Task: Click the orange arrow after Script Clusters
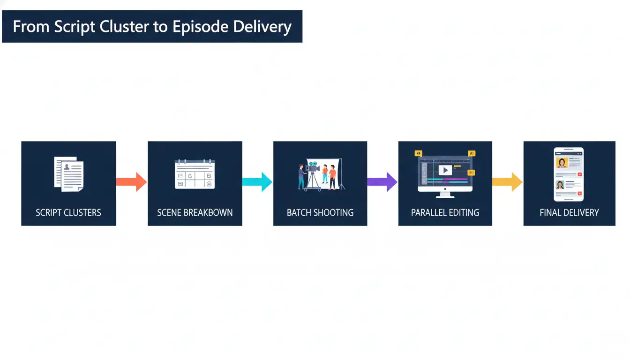tap(131, 181)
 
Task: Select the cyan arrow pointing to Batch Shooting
tap(257, 181)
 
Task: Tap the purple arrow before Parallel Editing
tap(382, 181)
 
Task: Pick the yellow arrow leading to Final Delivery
tap(508, 181)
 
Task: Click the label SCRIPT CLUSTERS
tap(68, 213)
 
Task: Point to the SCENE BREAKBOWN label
tap(195, 213)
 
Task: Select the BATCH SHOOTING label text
tap(320, 213)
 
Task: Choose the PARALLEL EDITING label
tap(445, 213)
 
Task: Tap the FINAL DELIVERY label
tap(570, 213)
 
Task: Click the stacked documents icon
tap(69, 173)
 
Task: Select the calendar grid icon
tap(195, 174)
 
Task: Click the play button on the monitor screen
tap(445, 170)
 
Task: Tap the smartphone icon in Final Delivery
tap(569, 174)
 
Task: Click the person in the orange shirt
tap(332, 177)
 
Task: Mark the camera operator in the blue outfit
tap(301, 176)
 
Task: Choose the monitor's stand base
tap(445, 195)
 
